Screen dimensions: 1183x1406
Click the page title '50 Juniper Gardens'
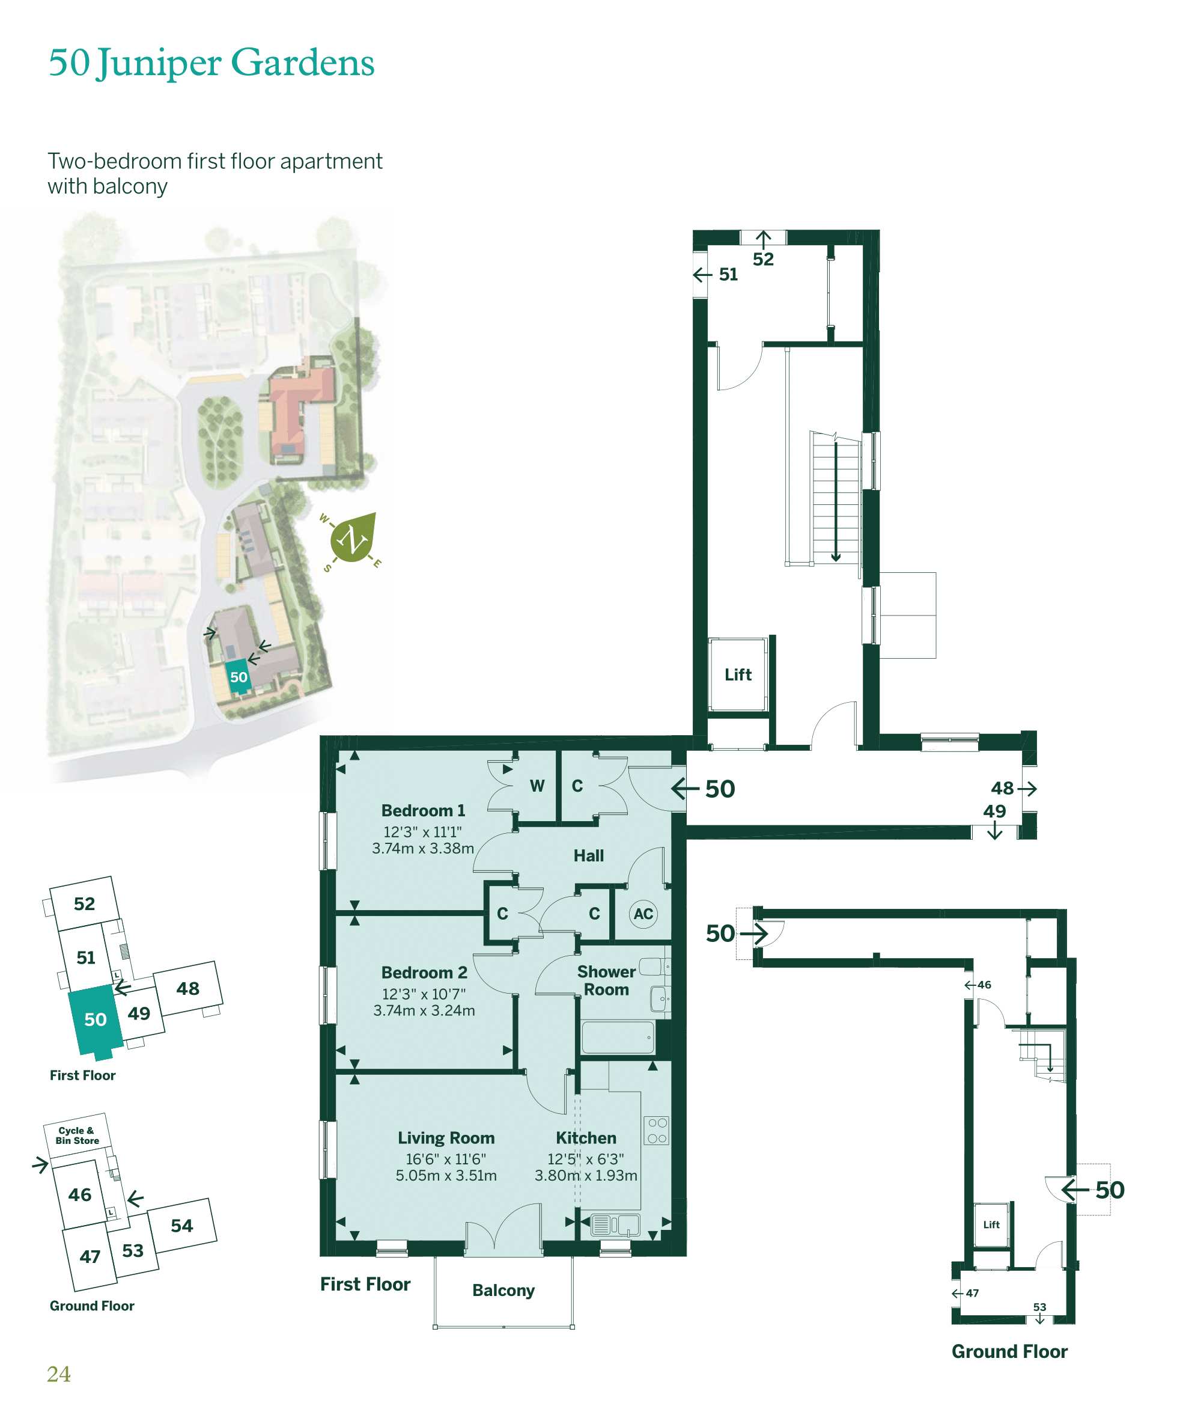coord(211,63)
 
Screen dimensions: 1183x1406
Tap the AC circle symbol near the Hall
coord(642,914)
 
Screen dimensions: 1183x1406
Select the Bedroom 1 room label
coord(423,810)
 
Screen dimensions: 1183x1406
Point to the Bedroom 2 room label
coord(424,973)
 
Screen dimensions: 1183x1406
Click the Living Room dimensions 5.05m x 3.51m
coord(446,1175)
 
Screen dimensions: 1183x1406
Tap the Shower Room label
coord(606,980)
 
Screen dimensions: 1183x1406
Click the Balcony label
coord(503,1291)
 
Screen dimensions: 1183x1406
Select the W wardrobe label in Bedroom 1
coord(537,786)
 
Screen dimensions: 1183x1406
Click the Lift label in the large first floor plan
coord(738,675)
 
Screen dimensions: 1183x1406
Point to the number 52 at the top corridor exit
coord(763,260)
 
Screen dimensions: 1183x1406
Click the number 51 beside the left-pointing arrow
coord(728,274)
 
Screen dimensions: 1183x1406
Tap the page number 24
coord(59,1375)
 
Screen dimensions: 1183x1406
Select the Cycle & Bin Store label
coord(77,1135)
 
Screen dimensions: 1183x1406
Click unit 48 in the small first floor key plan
coord(188,989)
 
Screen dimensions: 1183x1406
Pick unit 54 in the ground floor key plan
coord(181,1226)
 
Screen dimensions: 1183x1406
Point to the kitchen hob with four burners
coord(657,1130)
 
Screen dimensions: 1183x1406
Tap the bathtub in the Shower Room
coord(618,1038)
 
